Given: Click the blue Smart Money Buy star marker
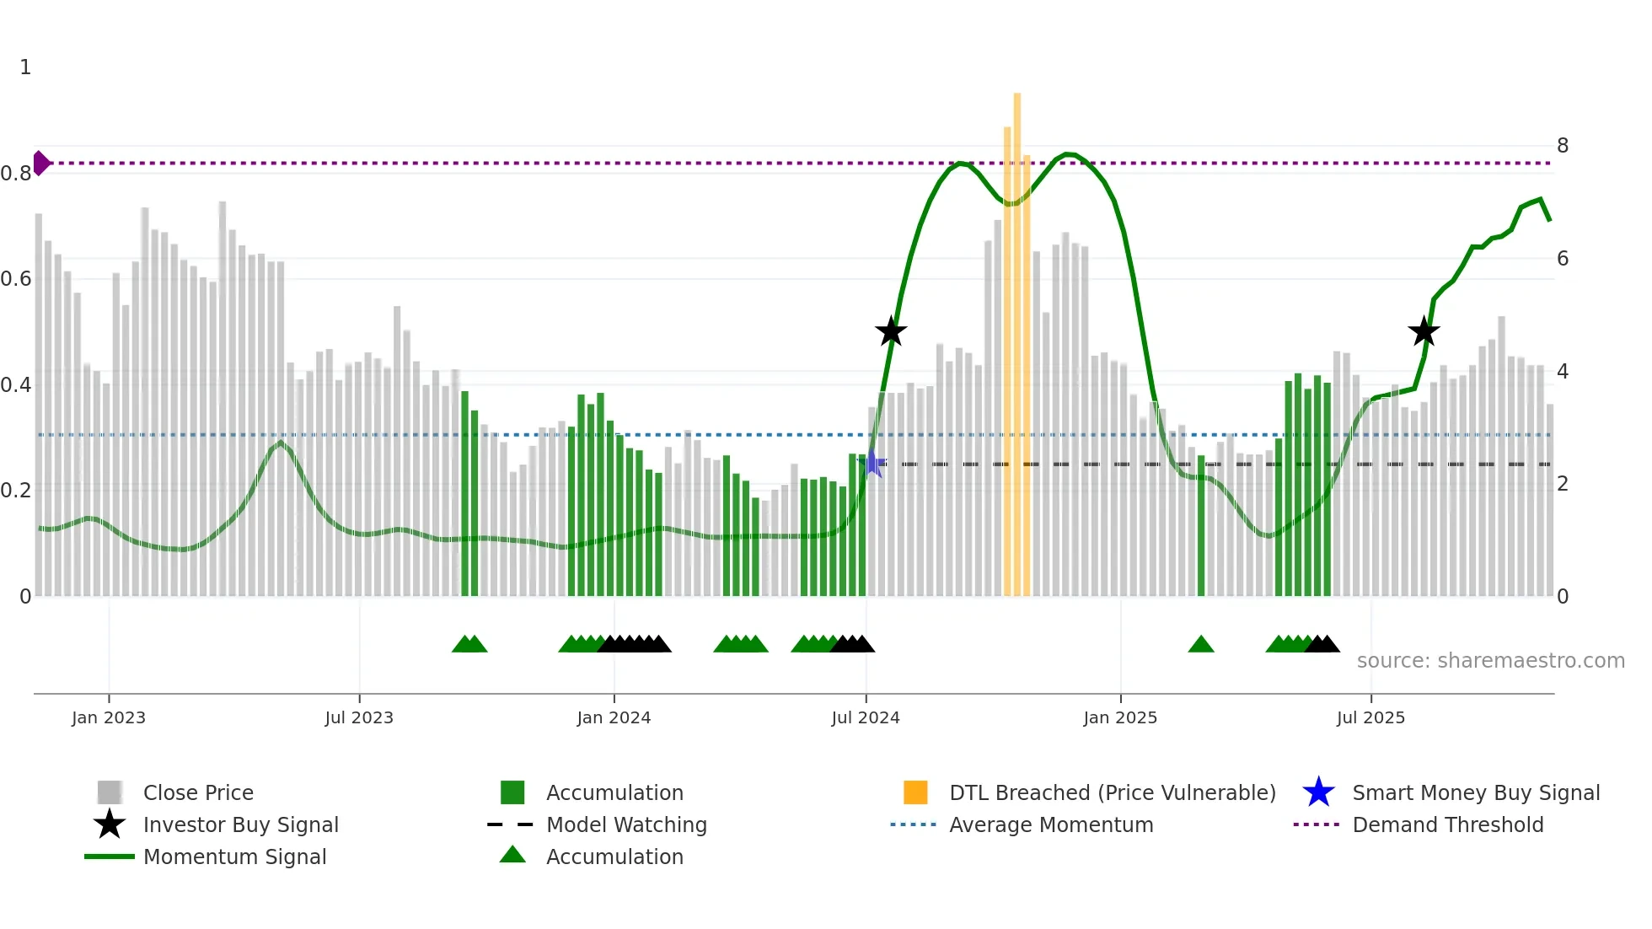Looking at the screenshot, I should (x=873, y=464).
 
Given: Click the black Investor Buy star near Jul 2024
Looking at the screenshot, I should (x=891, y=332).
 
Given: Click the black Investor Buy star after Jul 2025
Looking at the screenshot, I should (x=1424, y=332).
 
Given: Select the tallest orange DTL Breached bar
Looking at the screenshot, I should (x=1017, y=337).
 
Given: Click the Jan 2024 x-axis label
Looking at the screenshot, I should (x=614, y=717).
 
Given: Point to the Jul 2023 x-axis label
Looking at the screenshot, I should (x=359, y=717).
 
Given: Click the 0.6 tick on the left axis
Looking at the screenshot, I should (x=17, y=279).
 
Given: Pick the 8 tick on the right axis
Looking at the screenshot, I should (x=1562, y=146).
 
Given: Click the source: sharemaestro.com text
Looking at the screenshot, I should (x=1490, y=661).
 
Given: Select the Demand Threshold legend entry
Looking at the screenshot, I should (x=1447, y=824).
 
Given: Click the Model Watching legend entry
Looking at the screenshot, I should (x=625, y=824).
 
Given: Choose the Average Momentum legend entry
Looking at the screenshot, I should (x=1050, y=824).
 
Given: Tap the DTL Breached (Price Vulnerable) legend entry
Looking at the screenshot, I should (x=1112, y=792).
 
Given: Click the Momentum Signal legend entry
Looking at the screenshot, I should (x=234, y=857).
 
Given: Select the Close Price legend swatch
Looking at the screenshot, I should (x=110, y=792).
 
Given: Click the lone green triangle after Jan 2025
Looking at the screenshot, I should (x=1200, y=645).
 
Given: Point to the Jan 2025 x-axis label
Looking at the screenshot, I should (x=1120, y=717).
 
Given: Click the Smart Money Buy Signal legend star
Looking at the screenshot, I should (x=1318, y=792).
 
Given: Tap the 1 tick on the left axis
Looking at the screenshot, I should (x=25, y=67).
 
